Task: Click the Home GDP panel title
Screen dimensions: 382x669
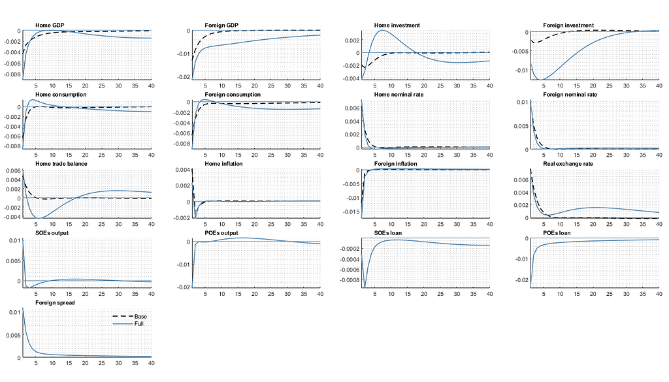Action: coord(50,25)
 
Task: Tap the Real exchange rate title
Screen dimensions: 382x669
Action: coord(568,164)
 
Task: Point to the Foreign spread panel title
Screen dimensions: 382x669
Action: coord(55,302)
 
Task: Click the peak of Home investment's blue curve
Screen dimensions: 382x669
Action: coord(383,30)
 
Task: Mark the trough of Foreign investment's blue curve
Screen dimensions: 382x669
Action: coord(543,80)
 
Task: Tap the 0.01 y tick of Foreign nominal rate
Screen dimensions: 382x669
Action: coord(523,103)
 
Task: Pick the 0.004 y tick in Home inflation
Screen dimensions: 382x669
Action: coord(182,170)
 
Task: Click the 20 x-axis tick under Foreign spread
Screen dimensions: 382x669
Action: coord(86,363)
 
